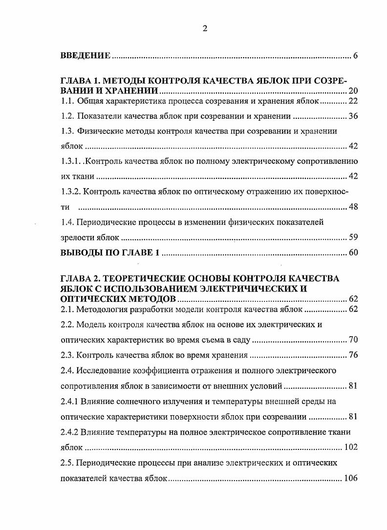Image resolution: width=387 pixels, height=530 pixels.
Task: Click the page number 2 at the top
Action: [205, 28]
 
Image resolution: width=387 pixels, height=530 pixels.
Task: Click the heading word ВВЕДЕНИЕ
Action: [86, 56]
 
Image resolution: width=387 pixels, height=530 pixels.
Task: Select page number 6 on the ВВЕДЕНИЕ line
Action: [355, 56]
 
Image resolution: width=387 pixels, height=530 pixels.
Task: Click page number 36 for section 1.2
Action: [353, 116]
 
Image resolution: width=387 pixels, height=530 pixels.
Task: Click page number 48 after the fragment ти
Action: [353, 207]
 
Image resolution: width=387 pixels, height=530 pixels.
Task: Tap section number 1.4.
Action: [67, 222]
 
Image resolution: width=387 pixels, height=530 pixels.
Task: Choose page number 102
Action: [351, 447]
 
